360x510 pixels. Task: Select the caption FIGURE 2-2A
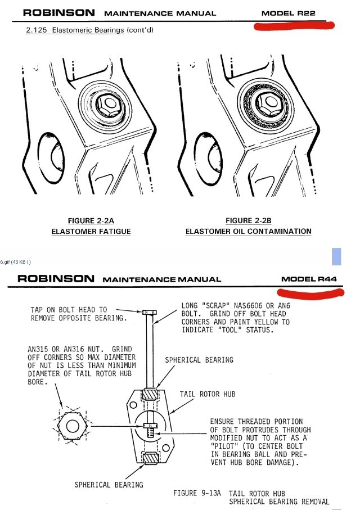point(91,220)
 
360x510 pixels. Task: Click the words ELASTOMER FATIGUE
point(91,231)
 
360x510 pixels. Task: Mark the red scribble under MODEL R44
point(310,292)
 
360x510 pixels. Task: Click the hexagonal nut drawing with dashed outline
point(74,426)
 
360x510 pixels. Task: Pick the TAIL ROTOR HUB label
point(208,394)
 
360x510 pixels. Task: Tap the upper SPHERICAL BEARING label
point(199,360)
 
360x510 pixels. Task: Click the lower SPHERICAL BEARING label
point(109,484)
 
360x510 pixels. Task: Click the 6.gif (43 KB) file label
point(15,261)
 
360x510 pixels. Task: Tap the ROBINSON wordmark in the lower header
point(56,278)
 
